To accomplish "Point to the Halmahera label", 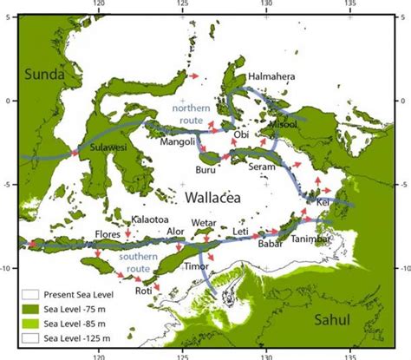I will [271, 76].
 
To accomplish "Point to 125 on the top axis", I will [182, 9].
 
